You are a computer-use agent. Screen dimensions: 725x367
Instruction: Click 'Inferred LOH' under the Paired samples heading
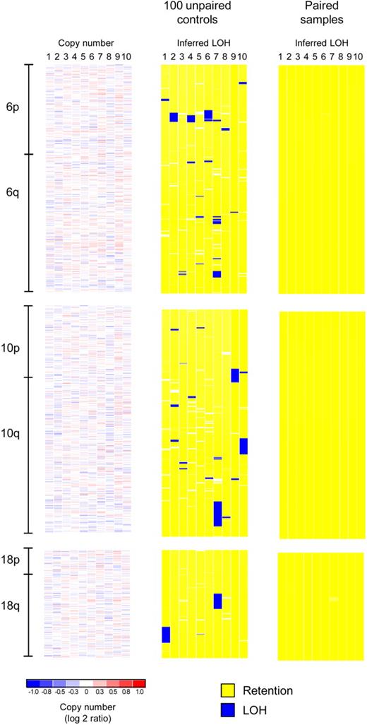click(x=321, y=44)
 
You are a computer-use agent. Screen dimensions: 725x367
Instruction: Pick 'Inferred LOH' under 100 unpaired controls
click(x=204, y=44)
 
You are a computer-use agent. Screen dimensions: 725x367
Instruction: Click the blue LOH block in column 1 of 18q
click(x=166, y=634)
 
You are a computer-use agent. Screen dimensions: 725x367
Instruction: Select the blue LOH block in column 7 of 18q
click(x=217, y=601)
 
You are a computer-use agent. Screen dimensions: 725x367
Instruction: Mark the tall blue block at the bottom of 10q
click(x=217, y=513)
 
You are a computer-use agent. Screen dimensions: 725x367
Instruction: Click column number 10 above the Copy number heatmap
click(x=126, y=57)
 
